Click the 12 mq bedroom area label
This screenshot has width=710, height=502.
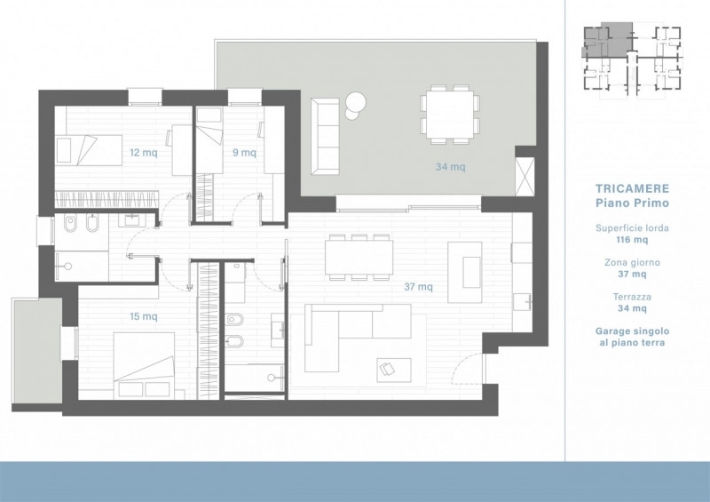pyautogui.click(x=144, y=152)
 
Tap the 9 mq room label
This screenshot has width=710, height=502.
pyautogui.click(x=244, y=152)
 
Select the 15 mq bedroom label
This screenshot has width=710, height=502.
pyautogui.click(x=144, y=316)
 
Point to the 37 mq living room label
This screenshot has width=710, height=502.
pyautogui.click(x=418, y=287)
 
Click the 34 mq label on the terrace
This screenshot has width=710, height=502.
pyautogui.click(x=451, y=167)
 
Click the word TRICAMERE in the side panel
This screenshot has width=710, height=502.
pyautogui.click(x=632, y=188)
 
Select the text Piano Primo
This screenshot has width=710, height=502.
pyautogui.click(x=632, y=203)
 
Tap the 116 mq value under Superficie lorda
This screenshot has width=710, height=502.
pyautogui.click(x=632, y=239)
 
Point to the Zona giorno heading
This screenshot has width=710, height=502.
pyautogui.click(x=632, y=262)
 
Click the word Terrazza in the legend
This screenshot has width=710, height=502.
pyautogui.click(x=632, y=297)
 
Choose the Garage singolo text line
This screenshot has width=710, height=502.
pyautogui.click(x=632, y=331)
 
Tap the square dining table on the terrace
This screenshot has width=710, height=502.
pyautogui.click(x=450, y=114)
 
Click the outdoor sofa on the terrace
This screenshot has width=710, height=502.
pyautogui.click(x=325, y=136)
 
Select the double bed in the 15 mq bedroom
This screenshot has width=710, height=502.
pyautogui.click(x=144, y=366)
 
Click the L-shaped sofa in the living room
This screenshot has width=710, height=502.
pyautogui.click(x=358, y=338)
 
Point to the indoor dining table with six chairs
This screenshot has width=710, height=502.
pyautogui.click(x=359, y=257)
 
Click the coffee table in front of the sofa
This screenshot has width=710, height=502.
pyautogui.click(x=394, y=370)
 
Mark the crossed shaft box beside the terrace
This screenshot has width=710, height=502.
pyautogui.click(x=525, y=177)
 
